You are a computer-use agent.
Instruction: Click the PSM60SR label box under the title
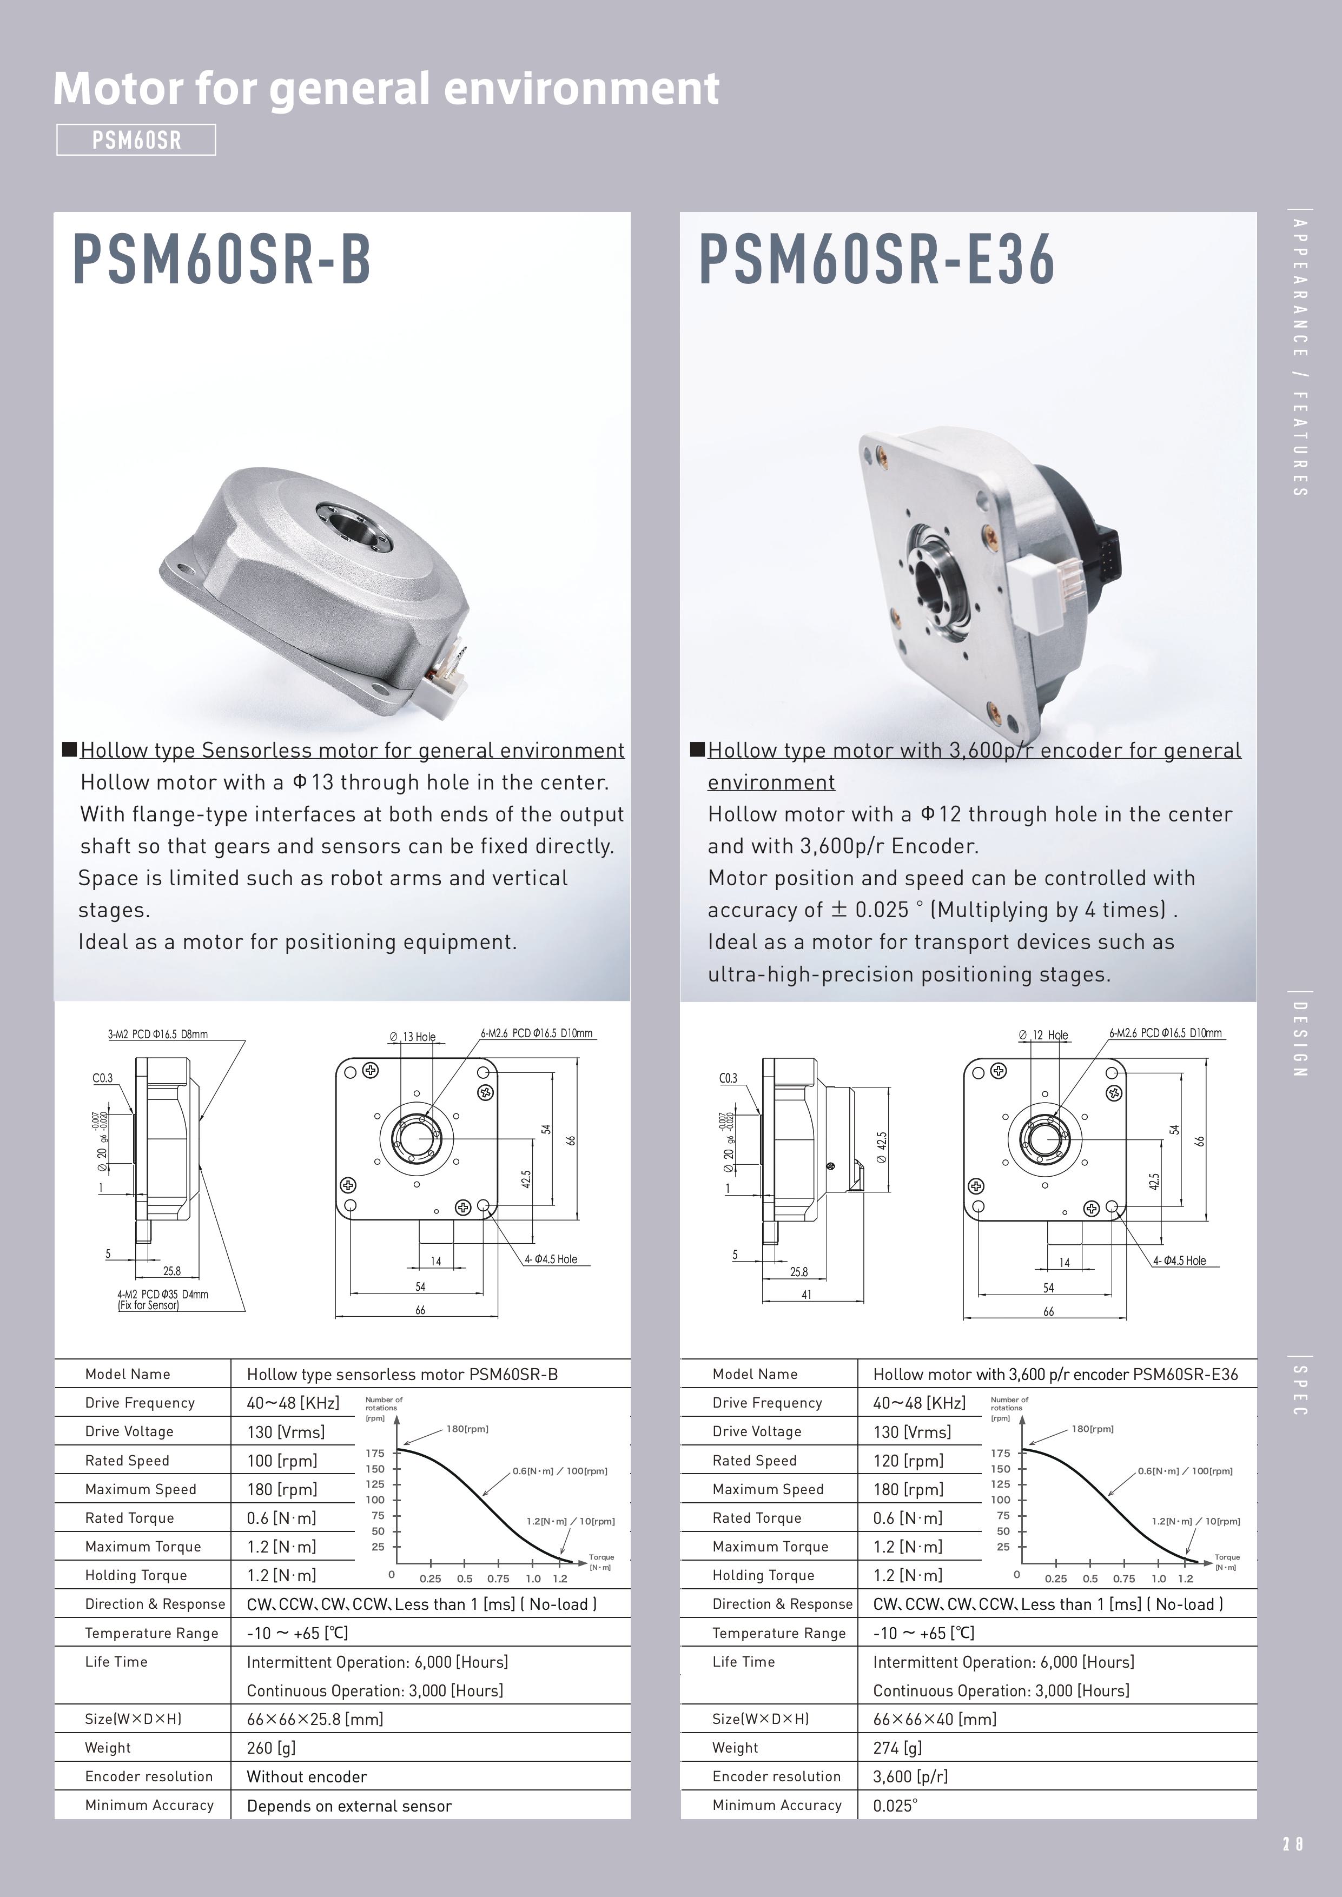pos(136,140)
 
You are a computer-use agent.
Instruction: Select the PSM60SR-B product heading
pos(221,260)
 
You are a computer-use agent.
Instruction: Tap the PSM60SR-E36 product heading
pos(877,260)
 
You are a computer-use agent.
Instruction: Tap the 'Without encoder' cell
pos(307,1776)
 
